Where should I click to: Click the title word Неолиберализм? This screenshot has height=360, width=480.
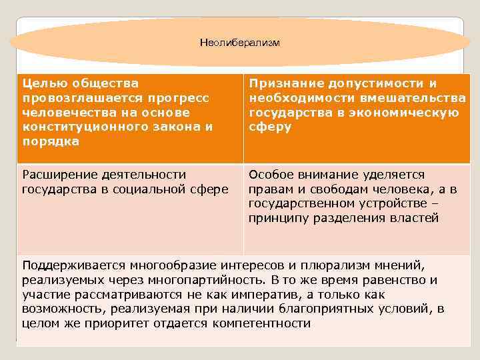point(240,43)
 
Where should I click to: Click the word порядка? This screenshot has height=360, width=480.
point(50,141)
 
